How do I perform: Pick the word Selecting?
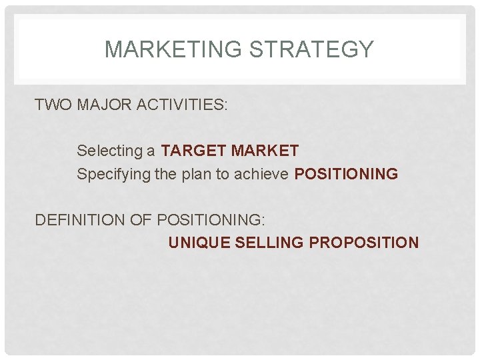110,151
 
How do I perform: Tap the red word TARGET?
193,151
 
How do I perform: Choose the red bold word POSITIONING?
346,175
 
